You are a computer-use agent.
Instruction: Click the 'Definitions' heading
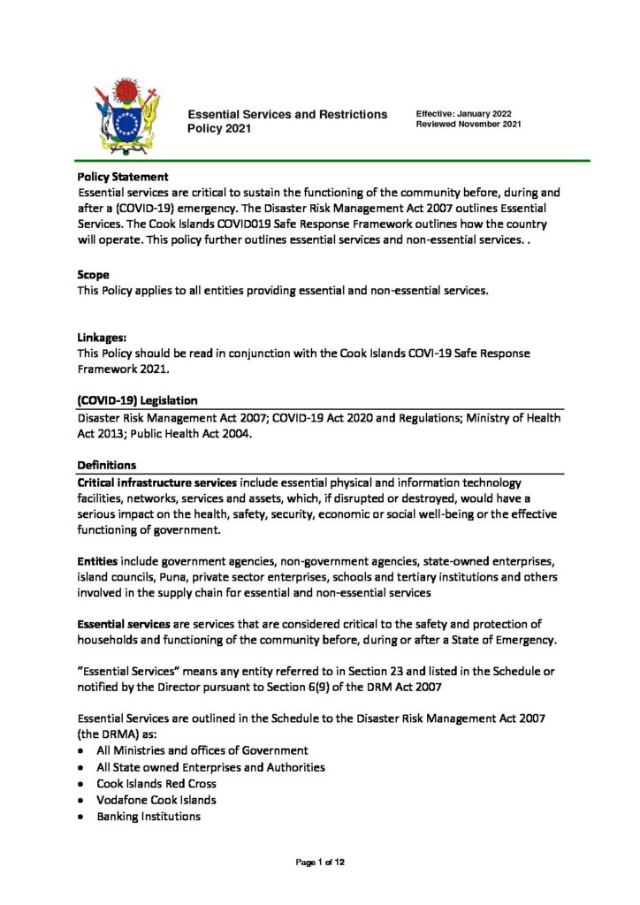pos(107,465)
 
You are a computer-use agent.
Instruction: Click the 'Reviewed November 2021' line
pos(469,125)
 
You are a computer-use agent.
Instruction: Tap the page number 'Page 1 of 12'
pos(320,863)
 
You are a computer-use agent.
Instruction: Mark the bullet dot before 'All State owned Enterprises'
pos(81,767)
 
